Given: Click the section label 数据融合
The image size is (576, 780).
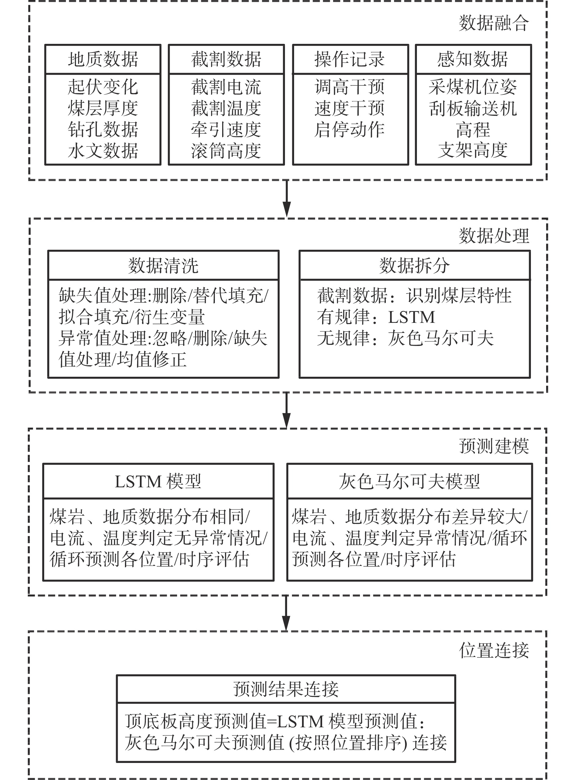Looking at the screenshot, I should [493, 23].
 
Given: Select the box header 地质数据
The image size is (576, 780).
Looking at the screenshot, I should [103, 59].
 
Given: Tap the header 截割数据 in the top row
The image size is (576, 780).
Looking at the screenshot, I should [226, 59].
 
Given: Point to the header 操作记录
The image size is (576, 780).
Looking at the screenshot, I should [350, 59].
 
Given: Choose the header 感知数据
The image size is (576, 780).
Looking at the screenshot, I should [473, 59].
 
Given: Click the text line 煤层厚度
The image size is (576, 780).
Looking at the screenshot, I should [103, 108].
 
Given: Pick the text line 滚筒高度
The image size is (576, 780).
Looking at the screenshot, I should [226, 151].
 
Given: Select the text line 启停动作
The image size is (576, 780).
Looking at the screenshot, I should [350, 129].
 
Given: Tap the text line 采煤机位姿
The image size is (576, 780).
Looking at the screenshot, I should [473, 87].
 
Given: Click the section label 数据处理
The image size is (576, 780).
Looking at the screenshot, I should [493, 236].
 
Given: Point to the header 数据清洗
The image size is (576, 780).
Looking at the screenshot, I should [163, 266].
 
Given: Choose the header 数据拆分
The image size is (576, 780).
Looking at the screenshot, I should [414, 266].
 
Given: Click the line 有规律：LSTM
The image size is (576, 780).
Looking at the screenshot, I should [376, 317].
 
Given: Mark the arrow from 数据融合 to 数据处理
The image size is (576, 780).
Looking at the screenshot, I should [286, 199].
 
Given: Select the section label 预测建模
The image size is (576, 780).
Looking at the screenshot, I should [493, 446].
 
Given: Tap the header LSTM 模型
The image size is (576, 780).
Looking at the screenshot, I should [158, 482].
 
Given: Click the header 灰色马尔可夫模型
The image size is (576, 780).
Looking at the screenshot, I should [409, 482].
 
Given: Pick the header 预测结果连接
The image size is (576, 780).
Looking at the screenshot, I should [286, 689].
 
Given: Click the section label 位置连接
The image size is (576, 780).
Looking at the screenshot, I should [493, 650].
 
